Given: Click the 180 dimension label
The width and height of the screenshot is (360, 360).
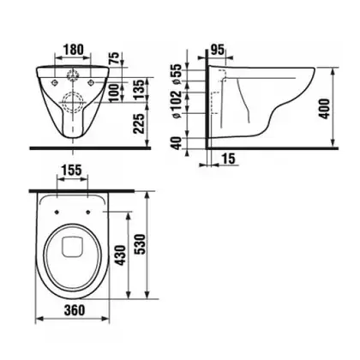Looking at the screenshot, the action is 73,50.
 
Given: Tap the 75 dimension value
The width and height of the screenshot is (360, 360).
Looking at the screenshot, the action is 114,59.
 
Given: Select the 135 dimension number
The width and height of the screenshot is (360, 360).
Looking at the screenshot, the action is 140,90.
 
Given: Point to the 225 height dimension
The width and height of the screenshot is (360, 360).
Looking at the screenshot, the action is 140,124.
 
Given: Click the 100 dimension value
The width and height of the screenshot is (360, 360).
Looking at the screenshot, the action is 114,93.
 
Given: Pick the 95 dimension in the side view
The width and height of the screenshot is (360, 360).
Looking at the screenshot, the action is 218,50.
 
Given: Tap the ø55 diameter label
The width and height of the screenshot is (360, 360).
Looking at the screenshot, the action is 177,74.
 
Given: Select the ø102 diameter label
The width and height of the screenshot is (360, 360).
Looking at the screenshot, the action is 177,105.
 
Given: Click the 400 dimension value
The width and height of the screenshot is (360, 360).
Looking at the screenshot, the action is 324,109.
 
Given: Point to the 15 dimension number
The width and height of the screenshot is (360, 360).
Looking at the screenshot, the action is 228,159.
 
